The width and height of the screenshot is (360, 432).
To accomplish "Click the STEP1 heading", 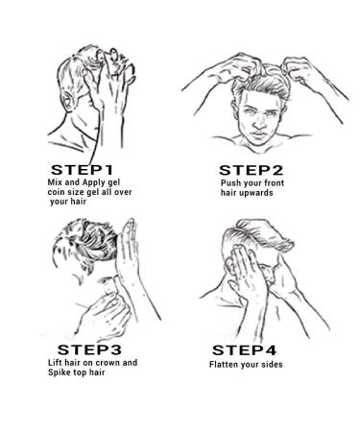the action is (x=82, y=170).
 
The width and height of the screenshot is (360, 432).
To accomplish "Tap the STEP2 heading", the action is (x=252, y=170).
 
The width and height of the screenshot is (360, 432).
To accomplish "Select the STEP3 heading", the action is (x=89, y=349).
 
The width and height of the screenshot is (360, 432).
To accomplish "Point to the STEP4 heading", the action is (x=244, y=350).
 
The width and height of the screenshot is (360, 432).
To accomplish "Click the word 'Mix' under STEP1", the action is (x=55, y=182).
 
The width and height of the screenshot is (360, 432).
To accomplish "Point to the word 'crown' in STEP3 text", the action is (x=108, y=363).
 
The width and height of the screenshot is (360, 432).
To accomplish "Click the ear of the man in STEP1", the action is (x=68, y=101).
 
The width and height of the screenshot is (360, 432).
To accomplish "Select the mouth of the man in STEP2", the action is (x=259, y=133).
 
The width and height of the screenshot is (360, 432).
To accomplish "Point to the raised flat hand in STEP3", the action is (x=129, y=252).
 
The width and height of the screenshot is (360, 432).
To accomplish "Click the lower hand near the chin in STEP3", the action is (x=106, y=315).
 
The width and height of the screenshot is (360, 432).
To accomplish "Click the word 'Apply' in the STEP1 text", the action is (x=93, y=183).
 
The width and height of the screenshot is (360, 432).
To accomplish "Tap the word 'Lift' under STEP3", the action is (x=55, y=363).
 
